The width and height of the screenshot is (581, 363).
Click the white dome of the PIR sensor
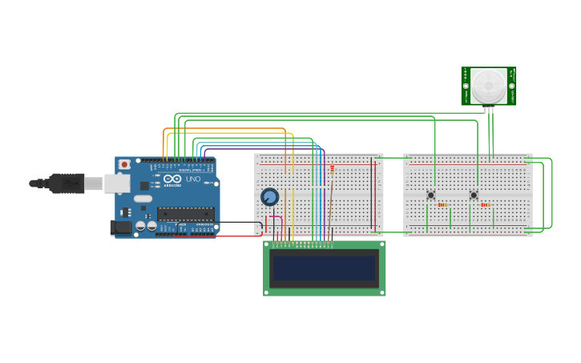(488, 85)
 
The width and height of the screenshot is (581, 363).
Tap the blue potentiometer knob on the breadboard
(270, 196)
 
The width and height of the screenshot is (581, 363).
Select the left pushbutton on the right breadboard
(430, 195)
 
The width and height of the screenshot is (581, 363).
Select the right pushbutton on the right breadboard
(474, 195)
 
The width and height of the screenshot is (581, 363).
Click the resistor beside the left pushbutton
(442, 205)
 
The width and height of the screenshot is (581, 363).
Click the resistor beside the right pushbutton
(485, 205)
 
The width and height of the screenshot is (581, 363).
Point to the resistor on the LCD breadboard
(333, 168)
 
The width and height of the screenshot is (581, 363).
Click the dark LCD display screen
(325, 268)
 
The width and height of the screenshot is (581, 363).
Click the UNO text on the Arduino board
(193, 179)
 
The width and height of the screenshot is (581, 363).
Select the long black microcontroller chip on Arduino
(185, 213)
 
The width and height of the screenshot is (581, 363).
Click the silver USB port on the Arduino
(117, 184)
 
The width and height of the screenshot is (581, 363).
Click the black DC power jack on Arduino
(121, 228)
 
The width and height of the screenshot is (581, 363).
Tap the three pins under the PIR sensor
(489, 111)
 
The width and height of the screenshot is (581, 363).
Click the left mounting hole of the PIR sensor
(466, 86)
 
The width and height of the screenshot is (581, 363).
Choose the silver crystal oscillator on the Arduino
(143, 198)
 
